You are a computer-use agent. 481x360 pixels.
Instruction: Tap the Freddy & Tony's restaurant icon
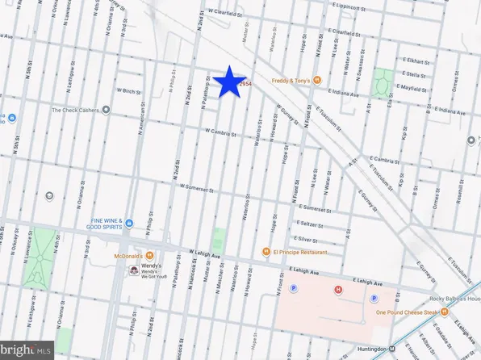(317, 80)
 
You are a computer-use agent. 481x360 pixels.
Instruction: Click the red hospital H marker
(339, 290)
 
